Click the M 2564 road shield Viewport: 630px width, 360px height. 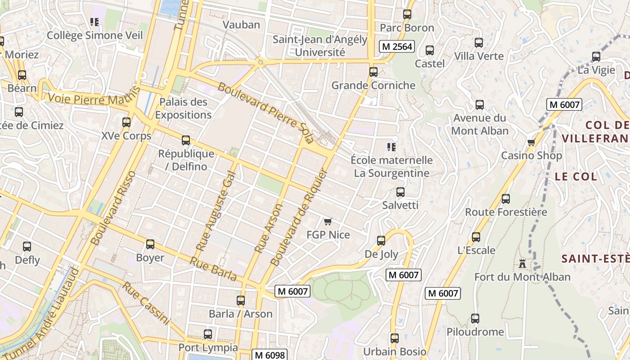396,46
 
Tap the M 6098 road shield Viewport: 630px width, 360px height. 269,355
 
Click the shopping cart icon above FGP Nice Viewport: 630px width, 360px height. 328,221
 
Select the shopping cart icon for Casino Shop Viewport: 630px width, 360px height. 531,143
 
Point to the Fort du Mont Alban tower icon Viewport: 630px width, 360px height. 522,263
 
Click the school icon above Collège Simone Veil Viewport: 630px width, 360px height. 94,22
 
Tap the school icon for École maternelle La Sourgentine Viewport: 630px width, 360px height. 391,147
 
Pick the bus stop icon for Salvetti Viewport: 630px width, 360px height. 400,192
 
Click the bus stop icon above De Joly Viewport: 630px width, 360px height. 381,241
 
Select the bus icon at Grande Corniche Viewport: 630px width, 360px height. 373,72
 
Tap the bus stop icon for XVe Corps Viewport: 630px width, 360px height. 126,122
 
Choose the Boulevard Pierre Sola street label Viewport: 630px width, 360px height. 265,112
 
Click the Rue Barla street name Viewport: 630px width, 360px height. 213,269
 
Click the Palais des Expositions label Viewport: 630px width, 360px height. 183,108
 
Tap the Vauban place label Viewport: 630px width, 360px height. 241,25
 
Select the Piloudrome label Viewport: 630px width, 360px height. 475,332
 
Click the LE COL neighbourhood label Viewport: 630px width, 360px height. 576,176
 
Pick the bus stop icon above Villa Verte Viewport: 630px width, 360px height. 479,43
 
